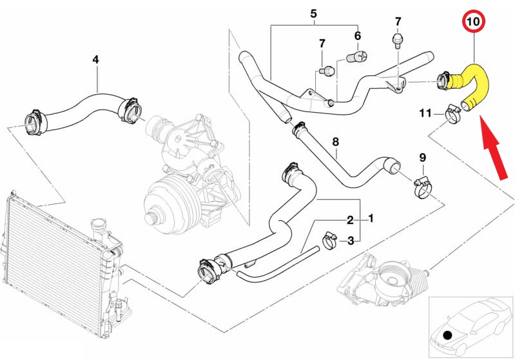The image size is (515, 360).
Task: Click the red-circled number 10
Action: tap(474, 21)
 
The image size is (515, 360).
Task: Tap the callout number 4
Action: tap(95, 59)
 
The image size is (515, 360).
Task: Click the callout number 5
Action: tap(314, 13)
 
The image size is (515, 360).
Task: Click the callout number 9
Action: tap(423, 157)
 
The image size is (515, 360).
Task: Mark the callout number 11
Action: tap(425, 113)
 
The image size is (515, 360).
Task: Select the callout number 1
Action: tap(371, 219)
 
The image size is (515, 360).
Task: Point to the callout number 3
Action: tap(350, 241)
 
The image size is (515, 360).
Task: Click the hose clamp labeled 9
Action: tap(422, 186)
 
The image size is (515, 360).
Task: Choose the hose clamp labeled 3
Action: tap(331, 240)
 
